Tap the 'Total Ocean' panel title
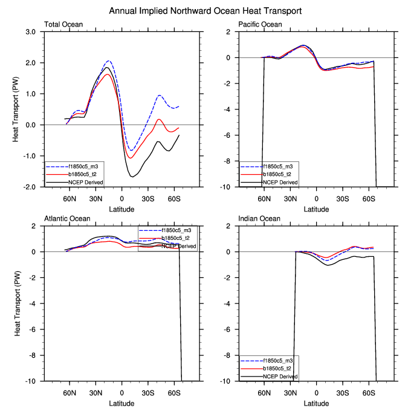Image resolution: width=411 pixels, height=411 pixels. pos(63,25)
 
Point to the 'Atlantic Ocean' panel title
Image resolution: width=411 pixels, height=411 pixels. pos(68,219)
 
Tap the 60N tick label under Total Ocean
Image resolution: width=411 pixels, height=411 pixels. pos(70,198)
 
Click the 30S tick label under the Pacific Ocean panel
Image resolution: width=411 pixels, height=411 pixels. pos(343,198)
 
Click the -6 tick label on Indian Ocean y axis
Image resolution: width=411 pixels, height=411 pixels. pos(231,329)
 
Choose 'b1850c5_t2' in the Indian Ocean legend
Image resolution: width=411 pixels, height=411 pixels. pos(278,367)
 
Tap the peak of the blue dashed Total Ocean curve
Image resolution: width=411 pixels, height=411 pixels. pos(109,61)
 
